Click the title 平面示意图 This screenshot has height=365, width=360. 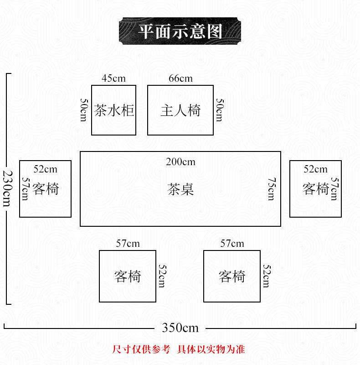click(180, 31)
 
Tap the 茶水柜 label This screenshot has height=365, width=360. click(114, 110)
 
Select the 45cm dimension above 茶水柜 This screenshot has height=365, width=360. click(113, 78)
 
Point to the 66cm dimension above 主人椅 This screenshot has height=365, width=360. click(180, 78)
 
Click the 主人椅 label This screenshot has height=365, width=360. click(180, 110)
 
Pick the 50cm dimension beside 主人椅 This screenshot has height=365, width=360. click(219, 110)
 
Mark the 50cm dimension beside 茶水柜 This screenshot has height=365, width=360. click(84, 110)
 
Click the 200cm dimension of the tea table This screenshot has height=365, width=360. click(180, 162)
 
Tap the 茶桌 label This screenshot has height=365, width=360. click(180, 189)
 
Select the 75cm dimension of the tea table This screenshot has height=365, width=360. click(271, 189)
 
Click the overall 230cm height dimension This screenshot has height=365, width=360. click(7, 188)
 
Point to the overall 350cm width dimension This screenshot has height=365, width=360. click(180, 328)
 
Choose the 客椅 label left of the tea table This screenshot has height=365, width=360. click(46, 189)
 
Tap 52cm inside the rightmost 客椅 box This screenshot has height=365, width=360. click(315, 169)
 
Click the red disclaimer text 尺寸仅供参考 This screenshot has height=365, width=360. click(141, 349)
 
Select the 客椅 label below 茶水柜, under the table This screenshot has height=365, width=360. click(128, 276)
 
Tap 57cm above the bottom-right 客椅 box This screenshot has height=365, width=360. click(232, 244)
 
